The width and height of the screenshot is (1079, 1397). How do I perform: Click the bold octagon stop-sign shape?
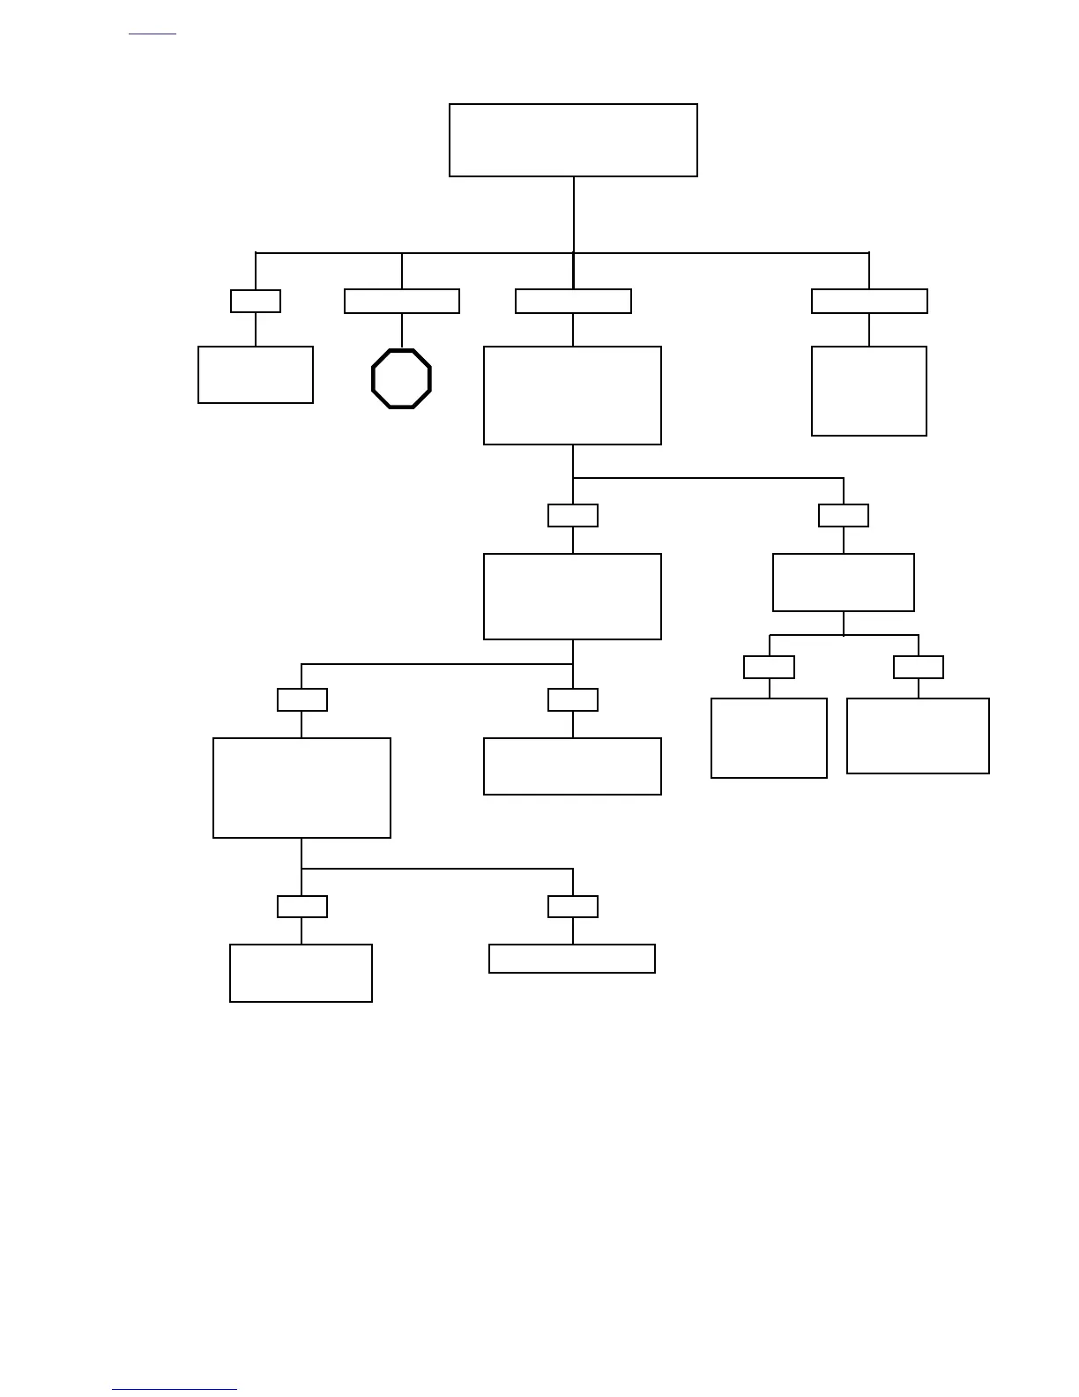point(402,379)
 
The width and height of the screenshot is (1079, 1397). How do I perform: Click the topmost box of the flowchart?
point(573,140)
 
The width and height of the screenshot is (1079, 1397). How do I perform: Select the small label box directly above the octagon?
point(402,301)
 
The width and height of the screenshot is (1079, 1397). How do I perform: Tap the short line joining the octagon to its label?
point(402,331)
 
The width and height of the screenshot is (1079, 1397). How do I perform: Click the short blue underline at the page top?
point(153,34)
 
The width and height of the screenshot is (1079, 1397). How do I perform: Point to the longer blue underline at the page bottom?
point(175,1389)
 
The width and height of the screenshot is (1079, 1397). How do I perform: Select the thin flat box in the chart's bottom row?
point(572,959)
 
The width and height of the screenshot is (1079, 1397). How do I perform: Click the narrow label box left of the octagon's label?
point(256,301)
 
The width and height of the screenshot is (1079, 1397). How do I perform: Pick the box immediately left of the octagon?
point(256,375)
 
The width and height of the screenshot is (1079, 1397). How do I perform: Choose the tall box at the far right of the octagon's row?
point(869,391)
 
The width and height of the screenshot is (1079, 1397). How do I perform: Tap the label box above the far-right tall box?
point(869,301)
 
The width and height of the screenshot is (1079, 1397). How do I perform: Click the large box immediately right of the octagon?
point(573,395)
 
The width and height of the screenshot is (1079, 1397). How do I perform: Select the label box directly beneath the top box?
point(573,301)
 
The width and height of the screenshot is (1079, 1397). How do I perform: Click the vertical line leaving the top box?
point(574,214)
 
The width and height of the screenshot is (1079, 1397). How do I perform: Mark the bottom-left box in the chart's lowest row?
point(301,973)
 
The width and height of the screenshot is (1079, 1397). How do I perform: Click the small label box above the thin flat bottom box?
point(573,907)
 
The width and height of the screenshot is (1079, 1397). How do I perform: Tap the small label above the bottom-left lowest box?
point(302,907)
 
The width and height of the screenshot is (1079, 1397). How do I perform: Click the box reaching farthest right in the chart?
point(918,736)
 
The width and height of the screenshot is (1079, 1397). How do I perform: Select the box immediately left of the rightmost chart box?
point(769,738)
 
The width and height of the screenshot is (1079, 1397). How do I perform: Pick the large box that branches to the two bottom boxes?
point(301,788)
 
